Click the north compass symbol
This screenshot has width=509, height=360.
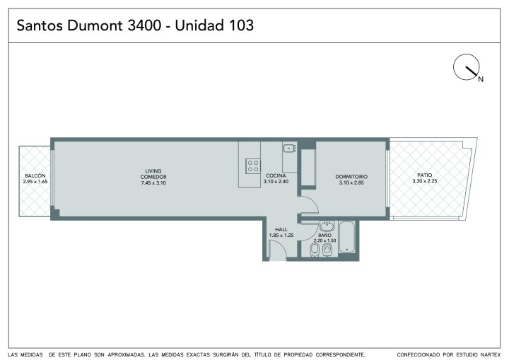pos(466,67)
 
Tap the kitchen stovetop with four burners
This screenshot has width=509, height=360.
pos(253,166)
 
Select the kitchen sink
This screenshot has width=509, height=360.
pos(288,149)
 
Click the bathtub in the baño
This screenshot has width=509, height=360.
pos(347,237)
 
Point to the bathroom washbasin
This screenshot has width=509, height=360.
pos(327,225)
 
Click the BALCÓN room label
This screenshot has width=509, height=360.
pos(35,176)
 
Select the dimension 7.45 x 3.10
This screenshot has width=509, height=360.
pos(153,183)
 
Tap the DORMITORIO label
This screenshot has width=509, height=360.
pos(351,177)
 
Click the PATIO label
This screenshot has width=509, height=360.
pos(425,175)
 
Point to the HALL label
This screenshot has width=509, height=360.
pos(281,229)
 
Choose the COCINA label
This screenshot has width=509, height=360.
pos(276,176)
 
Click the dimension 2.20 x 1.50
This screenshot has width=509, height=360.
pos(324,240)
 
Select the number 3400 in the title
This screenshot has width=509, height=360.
pos(144,25)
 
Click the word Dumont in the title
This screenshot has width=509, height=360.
pos(95,25)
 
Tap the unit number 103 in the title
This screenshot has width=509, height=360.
pos(241,25)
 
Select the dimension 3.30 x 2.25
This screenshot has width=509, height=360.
pos(425,181)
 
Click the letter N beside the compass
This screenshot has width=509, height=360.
pos(481,79)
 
